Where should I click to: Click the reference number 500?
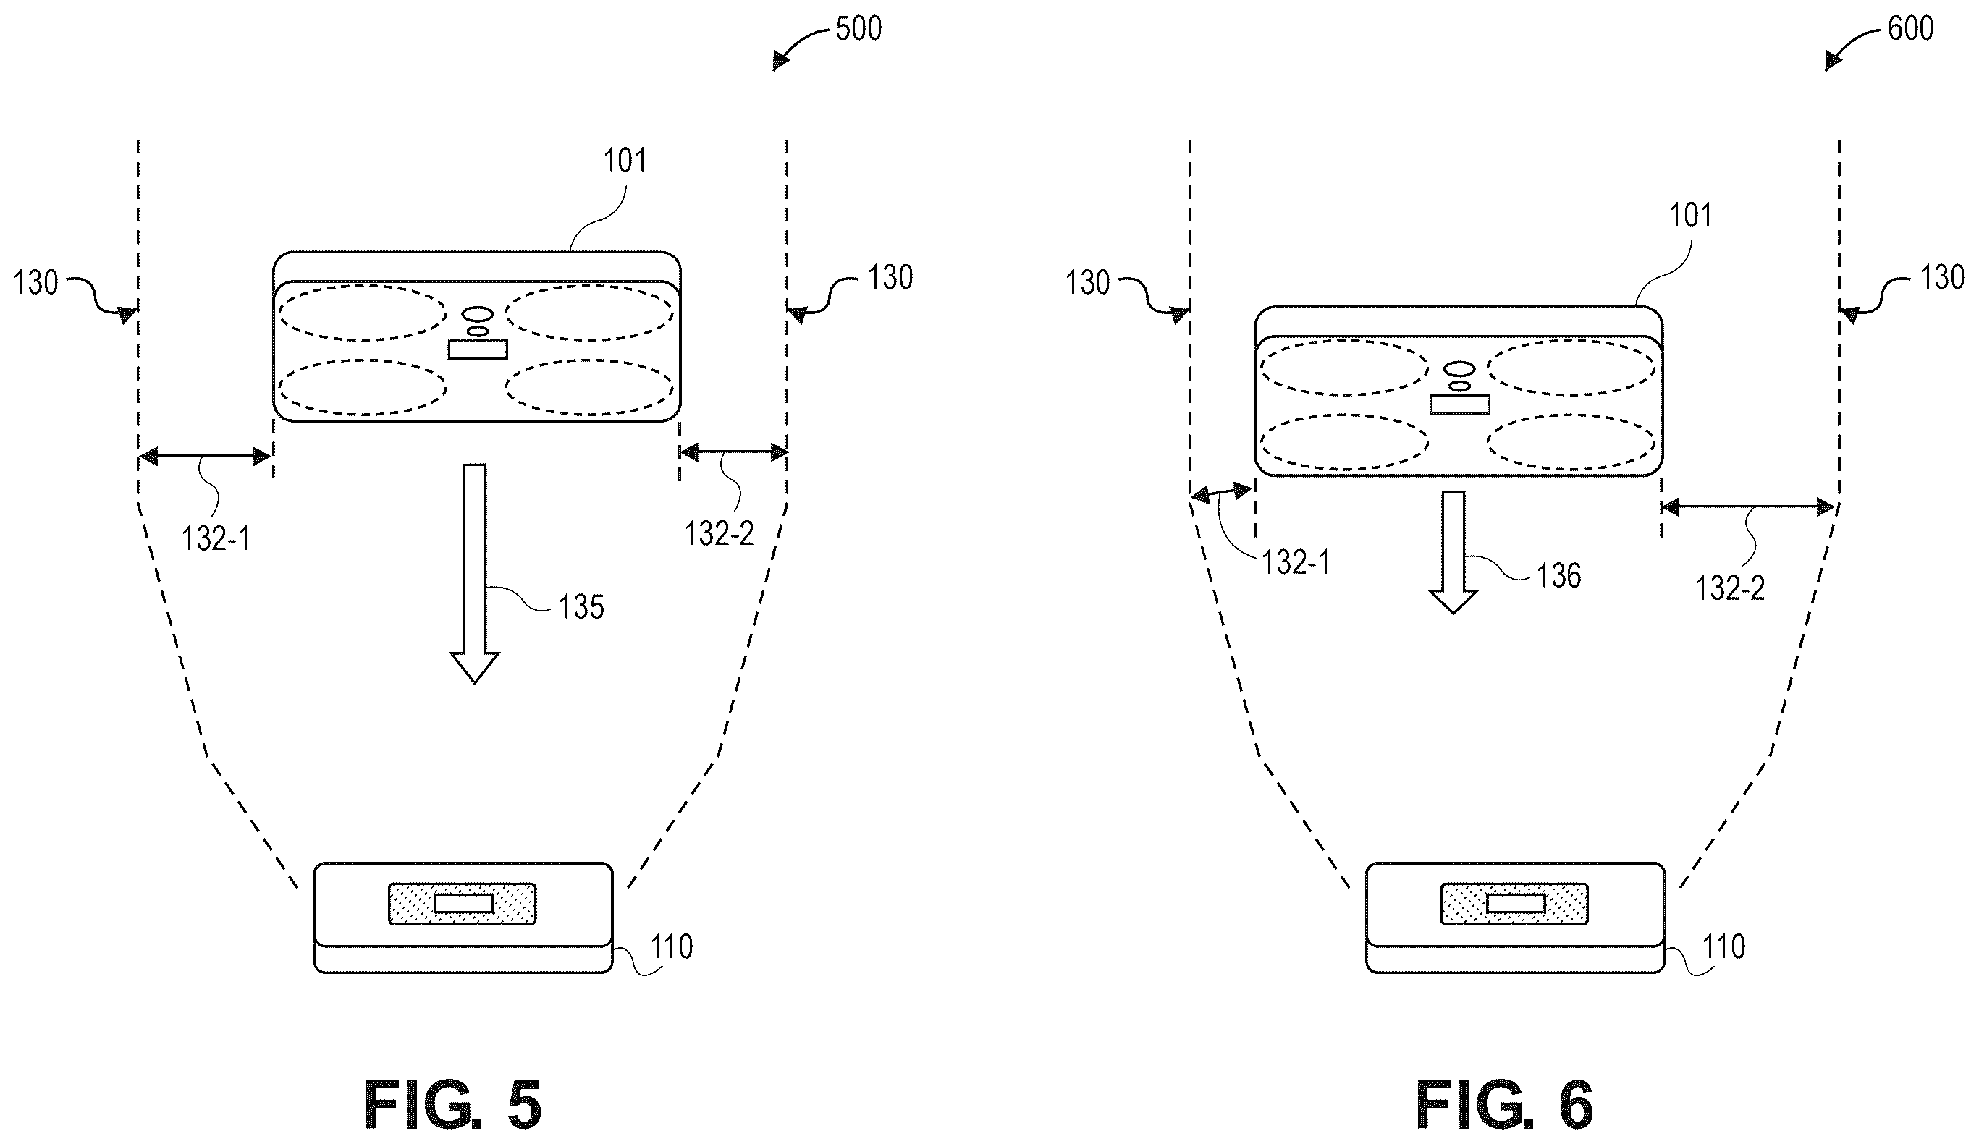(x=858, y=29)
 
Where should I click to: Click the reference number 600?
(x=1911, y=29)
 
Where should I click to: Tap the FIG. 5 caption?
(x=452, y=1105)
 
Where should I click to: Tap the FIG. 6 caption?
(x=1504, y=1105)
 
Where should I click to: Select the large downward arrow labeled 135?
(x=475, y=573)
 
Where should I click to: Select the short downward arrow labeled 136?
(x=1453, y=552)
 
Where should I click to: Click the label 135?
(x=581, y=607)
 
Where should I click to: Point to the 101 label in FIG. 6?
(x=1689, y=215)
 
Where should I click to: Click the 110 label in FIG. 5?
(x=672, y=947)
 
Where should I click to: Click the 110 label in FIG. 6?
(x=1723, y=947)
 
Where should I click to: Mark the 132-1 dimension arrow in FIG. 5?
(x=205, y=455)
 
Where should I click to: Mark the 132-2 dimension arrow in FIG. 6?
(x=1749, y=508)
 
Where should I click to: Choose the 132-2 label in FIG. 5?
(x=719, y=535)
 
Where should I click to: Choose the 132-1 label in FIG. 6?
(x=1296, y=563)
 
